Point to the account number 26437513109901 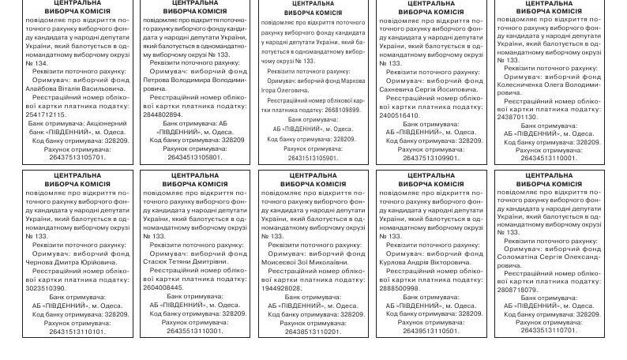point(430,157)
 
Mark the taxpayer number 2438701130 point(517,116)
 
